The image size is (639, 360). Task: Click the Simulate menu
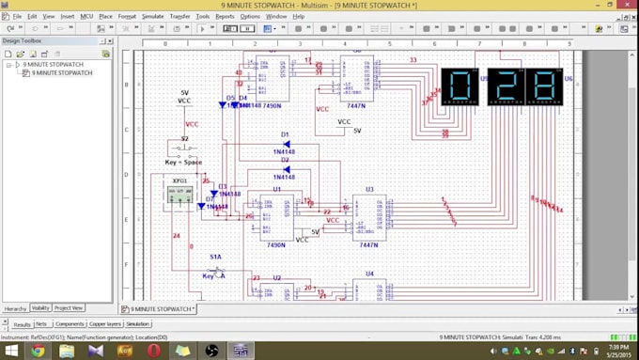(152, 16)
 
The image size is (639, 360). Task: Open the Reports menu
(225, 16)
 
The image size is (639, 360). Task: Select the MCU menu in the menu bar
(86, 16)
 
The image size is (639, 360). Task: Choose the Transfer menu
(179, 16)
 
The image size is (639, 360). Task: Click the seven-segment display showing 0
(460, 86)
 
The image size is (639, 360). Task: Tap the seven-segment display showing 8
(544, 86)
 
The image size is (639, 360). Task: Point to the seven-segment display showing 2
(506, 86)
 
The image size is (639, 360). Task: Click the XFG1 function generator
(179, 194)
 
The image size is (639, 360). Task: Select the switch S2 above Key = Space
(184, 149)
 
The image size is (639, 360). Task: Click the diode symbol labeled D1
(285, 144)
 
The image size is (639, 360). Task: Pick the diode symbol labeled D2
(285, 169)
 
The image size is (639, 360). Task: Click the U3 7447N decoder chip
(369, 216)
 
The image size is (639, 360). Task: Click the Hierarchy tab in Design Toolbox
(15, 308)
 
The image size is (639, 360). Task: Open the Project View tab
(69, 308)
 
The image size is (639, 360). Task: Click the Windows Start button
(10, 351)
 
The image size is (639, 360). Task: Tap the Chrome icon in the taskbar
(38, 351)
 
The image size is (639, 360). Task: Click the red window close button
(628, 5)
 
